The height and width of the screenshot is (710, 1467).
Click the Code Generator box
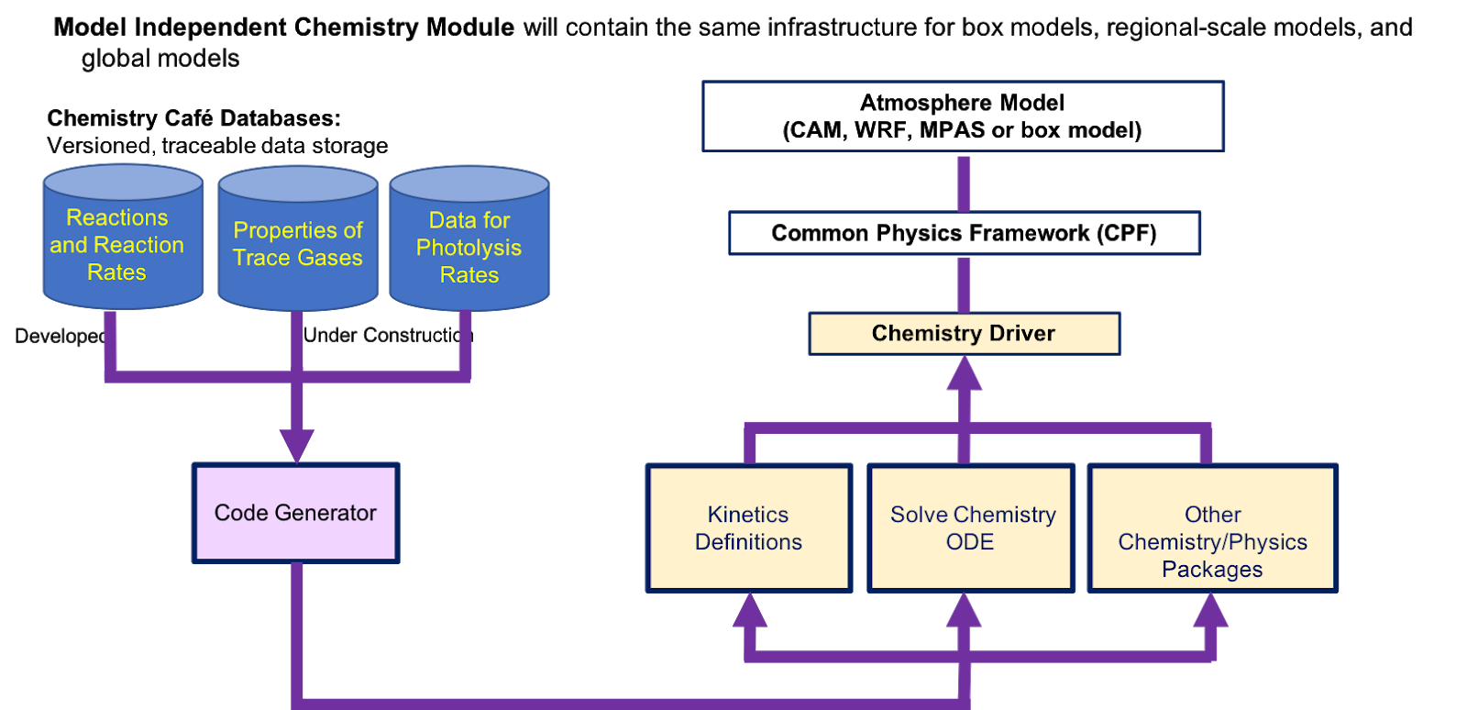click(x=296, y=513)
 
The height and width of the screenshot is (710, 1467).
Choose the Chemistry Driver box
click(x=965, y=334)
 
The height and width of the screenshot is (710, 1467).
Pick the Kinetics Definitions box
click(x=749, y=528)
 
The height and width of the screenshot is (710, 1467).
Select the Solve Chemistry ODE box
click(x=971, y=528)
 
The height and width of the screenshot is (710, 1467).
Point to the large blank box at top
click(x=964, y=116)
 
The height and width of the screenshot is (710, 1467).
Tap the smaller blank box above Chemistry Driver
click(x=965, y=233)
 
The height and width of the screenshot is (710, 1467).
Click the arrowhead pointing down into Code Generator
click(x=296, y=446)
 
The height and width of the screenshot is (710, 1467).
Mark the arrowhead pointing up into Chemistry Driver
click(x=964, y=373)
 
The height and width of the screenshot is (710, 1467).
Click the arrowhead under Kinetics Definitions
click(x=750, y=611)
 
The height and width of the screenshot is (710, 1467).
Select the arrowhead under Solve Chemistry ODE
click(x=964, y=611)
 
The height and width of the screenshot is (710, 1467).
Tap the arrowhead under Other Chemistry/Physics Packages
click(x=1211, y=611)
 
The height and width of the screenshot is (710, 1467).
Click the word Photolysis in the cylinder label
click(x=469, y=248)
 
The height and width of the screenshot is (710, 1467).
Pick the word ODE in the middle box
click(x=970, y=542)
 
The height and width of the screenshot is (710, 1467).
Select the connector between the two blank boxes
click(x=964, y=183)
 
